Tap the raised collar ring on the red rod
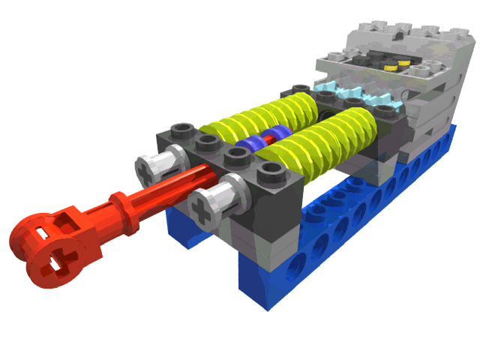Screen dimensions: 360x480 (x=119, y=201)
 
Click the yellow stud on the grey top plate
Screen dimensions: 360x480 (x=390, y=66)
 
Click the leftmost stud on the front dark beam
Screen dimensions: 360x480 (x=180, y=129)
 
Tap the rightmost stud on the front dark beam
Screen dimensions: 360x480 (x=268, y=173)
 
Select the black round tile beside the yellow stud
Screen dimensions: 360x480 (x=371, y=64)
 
